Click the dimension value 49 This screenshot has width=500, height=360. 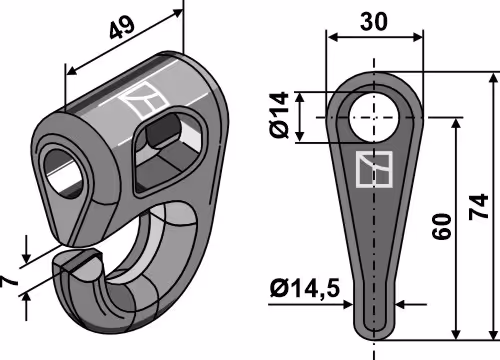[122, 26]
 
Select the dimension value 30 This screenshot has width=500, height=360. [374, 22]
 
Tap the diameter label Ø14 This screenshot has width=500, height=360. [279, 115]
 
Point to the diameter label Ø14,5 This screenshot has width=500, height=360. [305, 289]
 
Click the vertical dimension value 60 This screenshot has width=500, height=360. [442, 227]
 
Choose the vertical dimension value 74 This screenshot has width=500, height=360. [479, 207]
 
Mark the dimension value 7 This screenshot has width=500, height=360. [9, 281]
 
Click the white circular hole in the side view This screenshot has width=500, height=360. [374, 117]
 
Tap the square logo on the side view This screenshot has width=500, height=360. [374, 169]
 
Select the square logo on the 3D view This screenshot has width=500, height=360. [144, 99]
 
